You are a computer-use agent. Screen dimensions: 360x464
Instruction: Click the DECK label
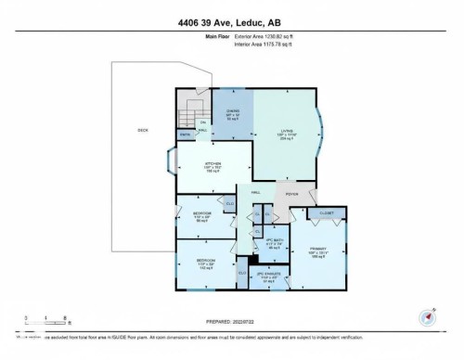[x=142, y=130]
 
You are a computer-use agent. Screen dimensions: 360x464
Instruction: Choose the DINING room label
[x=233, y=112]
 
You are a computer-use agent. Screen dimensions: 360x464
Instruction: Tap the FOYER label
[x=291, y=194]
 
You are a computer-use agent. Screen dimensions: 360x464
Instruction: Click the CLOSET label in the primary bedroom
[x=326, y=212]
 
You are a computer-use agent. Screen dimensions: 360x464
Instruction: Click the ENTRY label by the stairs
[x=187, y=135]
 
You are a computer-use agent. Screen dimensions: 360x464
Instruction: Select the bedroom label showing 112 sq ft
[x=205, y=262]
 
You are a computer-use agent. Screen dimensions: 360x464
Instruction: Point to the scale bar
[x=42, y=322]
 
